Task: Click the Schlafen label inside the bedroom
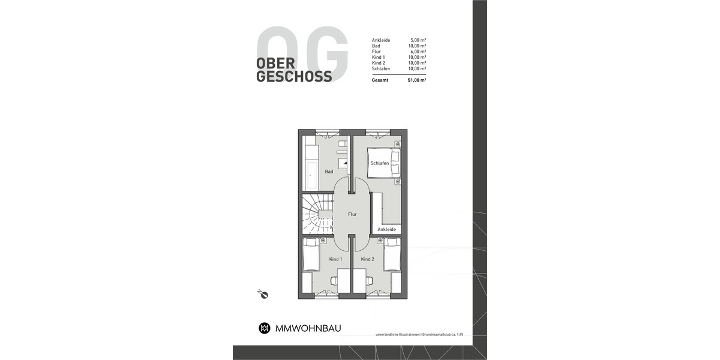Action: point(379,163)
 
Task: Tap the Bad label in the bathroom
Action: point(329,172)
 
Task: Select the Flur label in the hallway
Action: point(352,214)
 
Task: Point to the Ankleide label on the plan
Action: point(386,229)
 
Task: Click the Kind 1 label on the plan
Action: point(335,259)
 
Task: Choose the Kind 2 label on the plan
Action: point(367,259)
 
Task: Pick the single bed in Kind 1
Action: point(310,255)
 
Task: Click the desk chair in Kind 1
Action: point(334,280)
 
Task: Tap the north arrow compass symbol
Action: point(262,293)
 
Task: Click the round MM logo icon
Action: point(264,328)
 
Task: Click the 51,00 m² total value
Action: point(417,79)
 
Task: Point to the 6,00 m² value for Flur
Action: point(418,52)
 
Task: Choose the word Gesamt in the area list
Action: point(380,79)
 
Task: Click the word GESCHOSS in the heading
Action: point(294,76)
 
